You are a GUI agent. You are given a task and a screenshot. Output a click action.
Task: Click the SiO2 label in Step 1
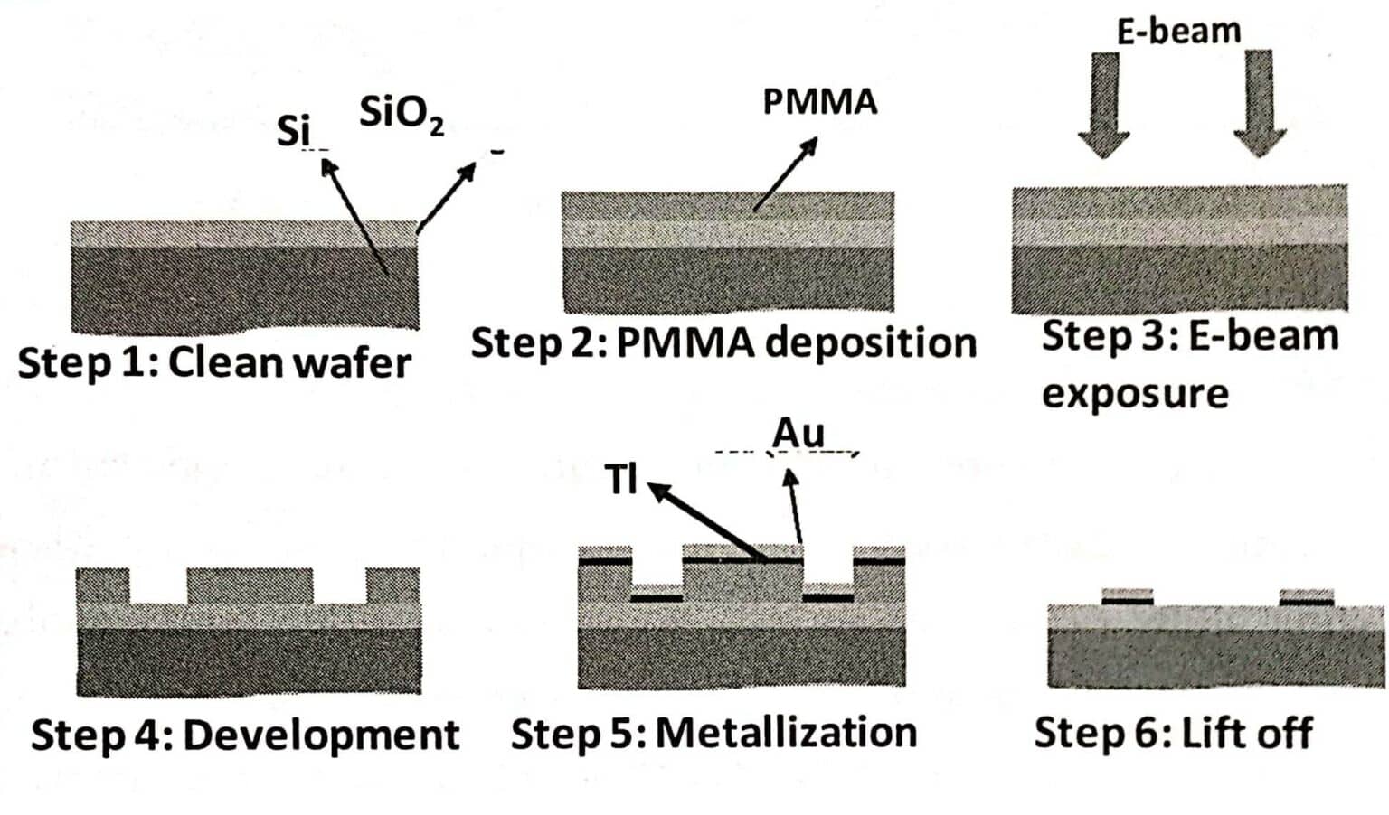click(x=401, y=115)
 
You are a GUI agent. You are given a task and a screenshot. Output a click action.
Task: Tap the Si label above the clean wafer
click(x=293, y=132)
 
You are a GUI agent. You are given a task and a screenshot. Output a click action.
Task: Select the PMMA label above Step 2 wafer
click(x=819, y=101)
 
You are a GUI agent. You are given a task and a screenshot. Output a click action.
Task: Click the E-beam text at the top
click(x=1178, y=32)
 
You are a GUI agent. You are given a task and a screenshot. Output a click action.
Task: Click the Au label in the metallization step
click(x=798, y=434)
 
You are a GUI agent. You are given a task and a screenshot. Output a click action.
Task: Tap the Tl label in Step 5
click(x=621, y=479)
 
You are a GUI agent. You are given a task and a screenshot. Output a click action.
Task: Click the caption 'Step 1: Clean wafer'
click(x=214, y=363)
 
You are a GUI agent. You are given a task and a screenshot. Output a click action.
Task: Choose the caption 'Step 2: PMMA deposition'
click(x=723, y=343)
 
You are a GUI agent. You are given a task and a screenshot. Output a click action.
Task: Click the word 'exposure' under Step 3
click(x=1135, y=394)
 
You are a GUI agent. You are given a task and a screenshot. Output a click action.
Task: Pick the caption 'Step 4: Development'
click(x=245, y=735)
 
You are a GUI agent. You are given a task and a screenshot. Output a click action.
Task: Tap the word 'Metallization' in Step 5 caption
click(x=786, y=733)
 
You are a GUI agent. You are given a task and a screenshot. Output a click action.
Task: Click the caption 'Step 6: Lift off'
click(x=1173, y=733)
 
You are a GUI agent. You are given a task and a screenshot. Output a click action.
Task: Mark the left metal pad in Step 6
click(x=1128, y=596)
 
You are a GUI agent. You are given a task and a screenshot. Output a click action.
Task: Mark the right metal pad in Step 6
click(x=1307, y=596)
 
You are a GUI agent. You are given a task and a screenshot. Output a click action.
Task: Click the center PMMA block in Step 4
click(x=250, y=585)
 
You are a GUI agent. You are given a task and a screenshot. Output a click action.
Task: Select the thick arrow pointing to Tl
click(x=705, y=520)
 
